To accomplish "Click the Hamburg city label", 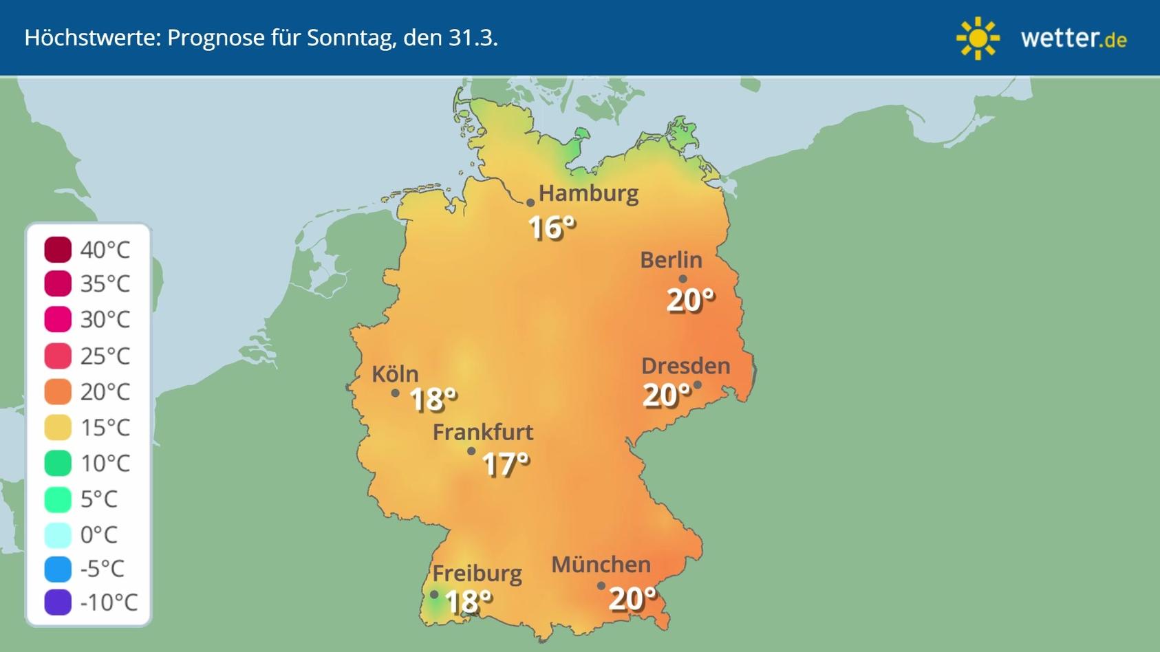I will [588, 193].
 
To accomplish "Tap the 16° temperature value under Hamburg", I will [551, 228].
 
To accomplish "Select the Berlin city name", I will [671, 260].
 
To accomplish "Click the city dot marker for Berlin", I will [683, 279].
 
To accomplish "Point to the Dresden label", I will [685, 366].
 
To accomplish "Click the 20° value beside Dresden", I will [666, 395].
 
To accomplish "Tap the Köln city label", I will [395, 374].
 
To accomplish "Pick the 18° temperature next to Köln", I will [433, 399].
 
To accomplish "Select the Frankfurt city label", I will [482, 432].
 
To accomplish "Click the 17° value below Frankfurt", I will [506, 464].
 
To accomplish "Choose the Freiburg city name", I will [477, 573].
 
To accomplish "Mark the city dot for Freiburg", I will [434, 595].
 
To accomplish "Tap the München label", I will [601, 565].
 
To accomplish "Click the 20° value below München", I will [632, 599].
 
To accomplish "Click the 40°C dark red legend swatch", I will [58, 250].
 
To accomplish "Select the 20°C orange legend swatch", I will [58, 392].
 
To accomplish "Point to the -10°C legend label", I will [109, 602].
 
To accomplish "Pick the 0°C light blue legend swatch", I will [58, 534].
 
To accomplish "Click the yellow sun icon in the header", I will [978, 39].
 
